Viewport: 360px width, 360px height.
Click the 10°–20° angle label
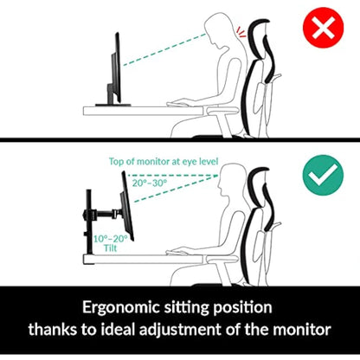(111, 237)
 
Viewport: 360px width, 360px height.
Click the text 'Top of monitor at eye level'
(164, 161)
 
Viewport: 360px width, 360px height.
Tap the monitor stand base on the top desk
(115, 106)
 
